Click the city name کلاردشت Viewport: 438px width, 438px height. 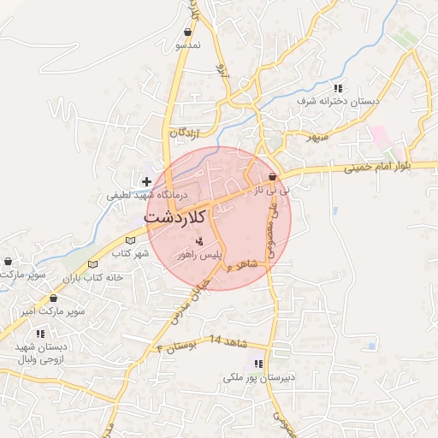click(x=175, y=216)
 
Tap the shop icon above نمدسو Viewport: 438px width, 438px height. click(x=186, y=33)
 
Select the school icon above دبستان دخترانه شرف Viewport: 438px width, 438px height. click(x=340, y=88)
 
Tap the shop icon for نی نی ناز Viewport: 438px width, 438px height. click(x=272, y=177)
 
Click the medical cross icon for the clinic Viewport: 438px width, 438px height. click(x=147, y=181)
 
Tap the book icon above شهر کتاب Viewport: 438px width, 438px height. click(x=131, y=240)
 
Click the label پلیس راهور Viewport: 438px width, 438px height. click(x=198, y=254)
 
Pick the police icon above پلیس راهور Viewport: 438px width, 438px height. click(x=200, y=241)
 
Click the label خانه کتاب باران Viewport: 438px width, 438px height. click(x=93, y=277)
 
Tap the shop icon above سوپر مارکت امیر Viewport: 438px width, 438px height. click(x=53, y=299)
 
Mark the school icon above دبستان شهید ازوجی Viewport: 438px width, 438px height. click(x=40, y=334)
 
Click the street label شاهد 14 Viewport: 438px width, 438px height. click(x=228, y=340)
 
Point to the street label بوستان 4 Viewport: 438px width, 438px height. click(x=177, y=346)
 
